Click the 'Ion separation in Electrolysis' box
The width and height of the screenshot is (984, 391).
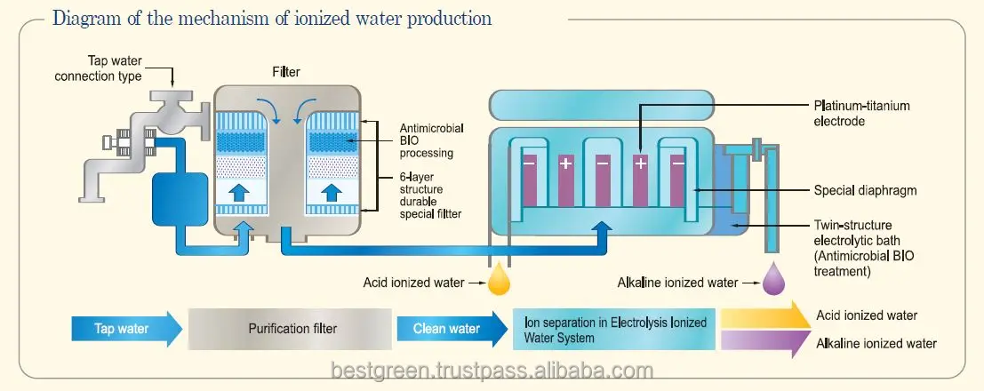pyautogui.click(x=613, y=330)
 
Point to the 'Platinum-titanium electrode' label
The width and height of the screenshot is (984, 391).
pyautogui.click(x=861, y=113)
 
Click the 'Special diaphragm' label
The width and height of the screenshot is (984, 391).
pyautogui.click(x=865, y=189)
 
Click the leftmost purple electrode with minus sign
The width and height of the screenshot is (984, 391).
pyautogui.click(x=529, y=178)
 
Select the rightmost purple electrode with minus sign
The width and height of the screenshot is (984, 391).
pyautogui.click(x=678, y=178)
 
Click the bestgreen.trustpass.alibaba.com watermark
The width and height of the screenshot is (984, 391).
pyautogui.click(x=492, y=371)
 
